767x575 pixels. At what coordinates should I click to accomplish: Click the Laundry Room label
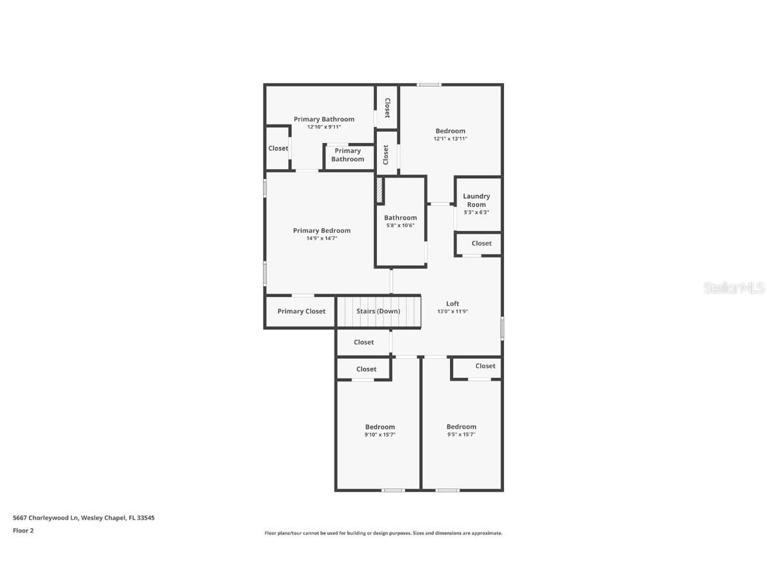tap(476, 200)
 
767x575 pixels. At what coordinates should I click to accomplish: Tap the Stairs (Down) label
tap(378, 311)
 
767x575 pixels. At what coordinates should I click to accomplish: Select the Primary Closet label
tap(302, 311)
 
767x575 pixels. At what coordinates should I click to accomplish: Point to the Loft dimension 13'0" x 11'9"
tap(453, 311)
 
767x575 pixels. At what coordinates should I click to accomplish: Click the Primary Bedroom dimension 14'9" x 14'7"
tap(322, 238)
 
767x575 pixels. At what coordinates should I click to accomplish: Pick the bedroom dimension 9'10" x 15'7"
tap(380, 435)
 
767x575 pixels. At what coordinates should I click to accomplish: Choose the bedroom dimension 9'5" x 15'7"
tap(461, 435)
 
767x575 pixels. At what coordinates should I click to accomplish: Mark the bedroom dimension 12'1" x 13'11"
tap(451, 138)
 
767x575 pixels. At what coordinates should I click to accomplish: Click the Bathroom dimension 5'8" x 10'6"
tap(400, 225)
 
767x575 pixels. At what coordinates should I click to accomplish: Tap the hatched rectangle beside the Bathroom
tap(380, 190)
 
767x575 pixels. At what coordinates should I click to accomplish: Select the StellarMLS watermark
tap(734, 287)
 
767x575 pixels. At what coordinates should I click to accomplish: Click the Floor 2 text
tap(23, 530)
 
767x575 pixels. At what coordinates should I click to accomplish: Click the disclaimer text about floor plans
tap(383, 533)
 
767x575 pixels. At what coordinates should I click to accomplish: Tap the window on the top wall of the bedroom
tap(429, 85)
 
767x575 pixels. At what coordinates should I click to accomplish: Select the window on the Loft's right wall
tap(502, 328)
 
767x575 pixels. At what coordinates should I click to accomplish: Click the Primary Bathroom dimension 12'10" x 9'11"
tap(324, 126)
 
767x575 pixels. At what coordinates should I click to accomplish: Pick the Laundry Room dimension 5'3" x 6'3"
tap(476, 212)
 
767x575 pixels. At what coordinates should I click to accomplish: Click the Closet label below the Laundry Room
tap(481, 244)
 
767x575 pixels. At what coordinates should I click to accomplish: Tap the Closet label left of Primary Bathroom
tap(278, 148)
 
